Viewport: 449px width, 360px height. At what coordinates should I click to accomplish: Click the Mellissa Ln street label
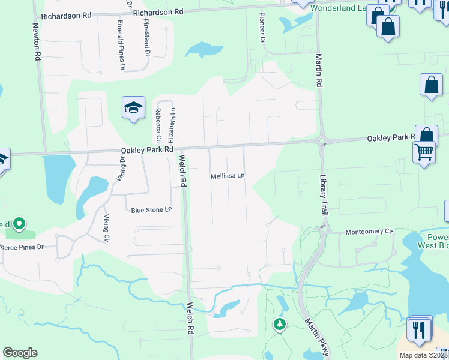click(x=228, y=176)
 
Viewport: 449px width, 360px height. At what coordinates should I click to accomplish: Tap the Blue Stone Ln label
click(x=152, y=210)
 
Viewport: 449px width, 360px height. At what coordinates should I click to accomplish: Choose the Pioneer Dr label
click(x=262, y=27)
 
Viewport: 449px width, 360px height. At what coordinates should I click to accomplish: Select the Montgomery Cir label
click(x=369, y=231)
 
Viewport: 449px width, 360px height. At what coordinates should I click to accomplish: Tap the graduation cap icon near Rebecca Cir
click(x=133, y=107)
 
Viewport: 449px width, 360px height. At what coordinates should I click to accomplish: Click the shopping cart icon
click(x=424, y=152)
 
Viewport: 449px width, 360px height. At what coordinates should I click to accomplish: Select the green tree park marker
click(x=279, y=325)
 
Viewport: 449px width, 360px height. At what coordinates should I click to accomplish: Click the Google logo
click(x=20, y=353)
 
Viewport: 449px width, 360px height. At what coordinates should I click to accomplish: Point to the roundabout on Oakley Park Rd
click(x=322, y=142)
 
